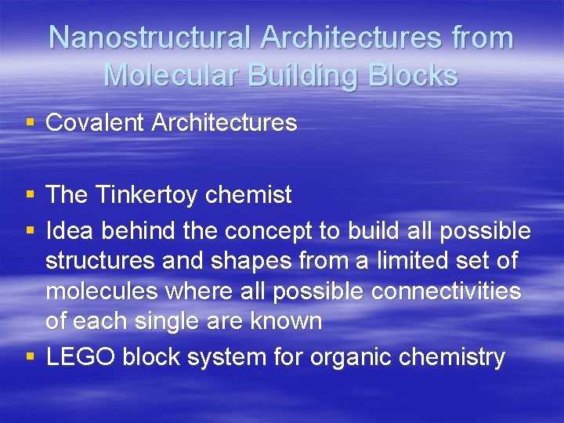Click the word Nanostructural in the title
tap(150, 38)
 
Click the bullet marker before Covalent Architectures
tap(30, 123)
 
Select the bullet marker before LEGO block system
tap(30, 357)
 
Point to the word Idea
tap(70, 231)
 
